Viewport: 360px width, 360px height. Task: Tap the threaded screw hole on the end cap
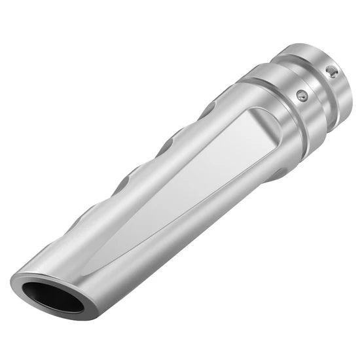click(x=333, y=72)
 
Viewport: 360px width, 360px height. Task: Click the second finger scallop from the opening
click(x=128, y=177)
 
